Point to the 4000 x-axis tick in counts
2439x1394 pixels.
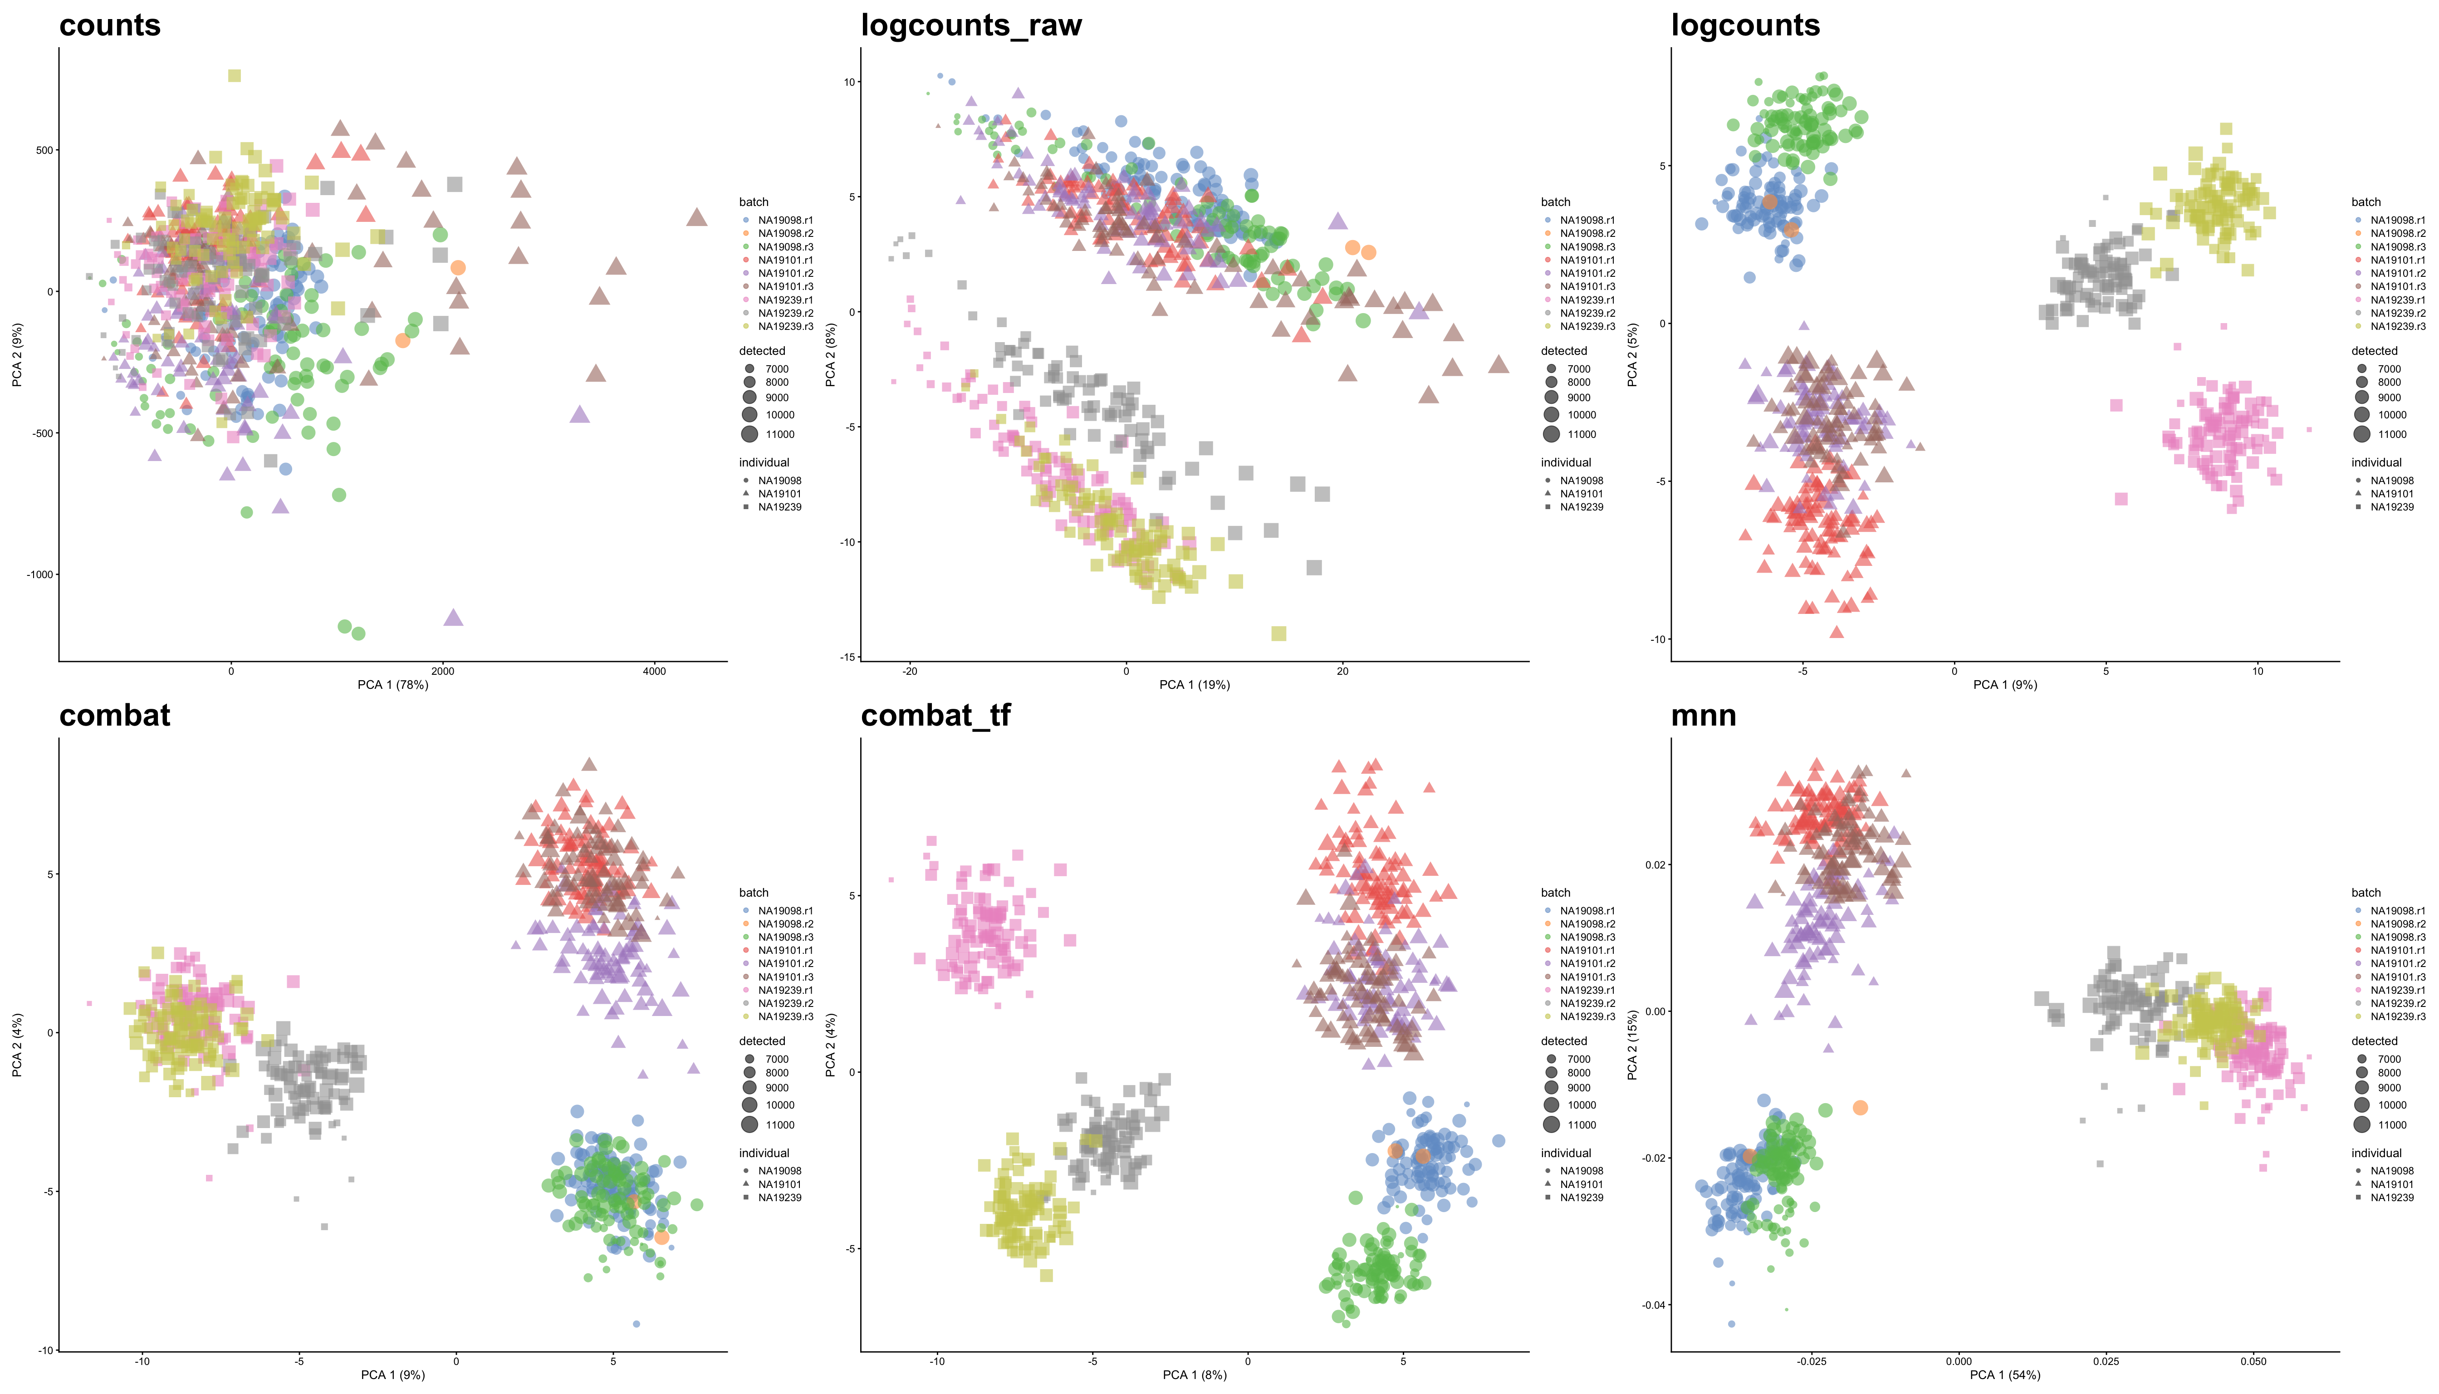coord(654,671)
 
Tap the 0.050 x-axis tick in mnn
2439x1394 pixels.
coord(2253,1361)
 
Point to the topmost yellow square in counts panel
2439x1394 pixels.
coord(235,76)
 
